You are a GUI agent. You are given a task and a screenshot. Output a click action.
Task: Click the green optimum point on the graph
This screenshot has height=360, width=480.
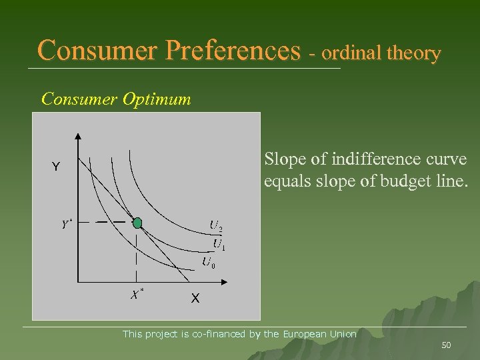(137, 223)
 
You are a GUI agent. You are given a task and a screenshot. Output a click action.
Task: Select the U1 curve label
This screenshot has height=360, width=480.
(219, 244)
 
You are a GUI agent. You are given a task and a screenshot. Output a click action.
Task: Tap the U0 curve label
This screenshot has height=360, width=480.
(209, 262)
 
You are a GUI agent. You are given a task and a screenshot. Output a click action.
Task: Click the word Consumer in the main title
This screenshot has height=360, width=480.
(99, 50)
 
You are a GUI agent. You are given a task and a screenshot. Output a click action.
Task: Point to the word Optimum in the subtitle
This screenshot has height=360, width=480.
(161, 99)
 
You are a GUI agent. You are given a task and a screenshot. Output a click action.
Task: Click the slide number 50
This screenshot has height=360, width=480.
(447, 345)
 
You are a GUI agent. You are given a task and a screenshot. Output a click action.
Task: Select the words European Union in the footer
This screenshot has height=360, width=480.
(320, 333)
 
